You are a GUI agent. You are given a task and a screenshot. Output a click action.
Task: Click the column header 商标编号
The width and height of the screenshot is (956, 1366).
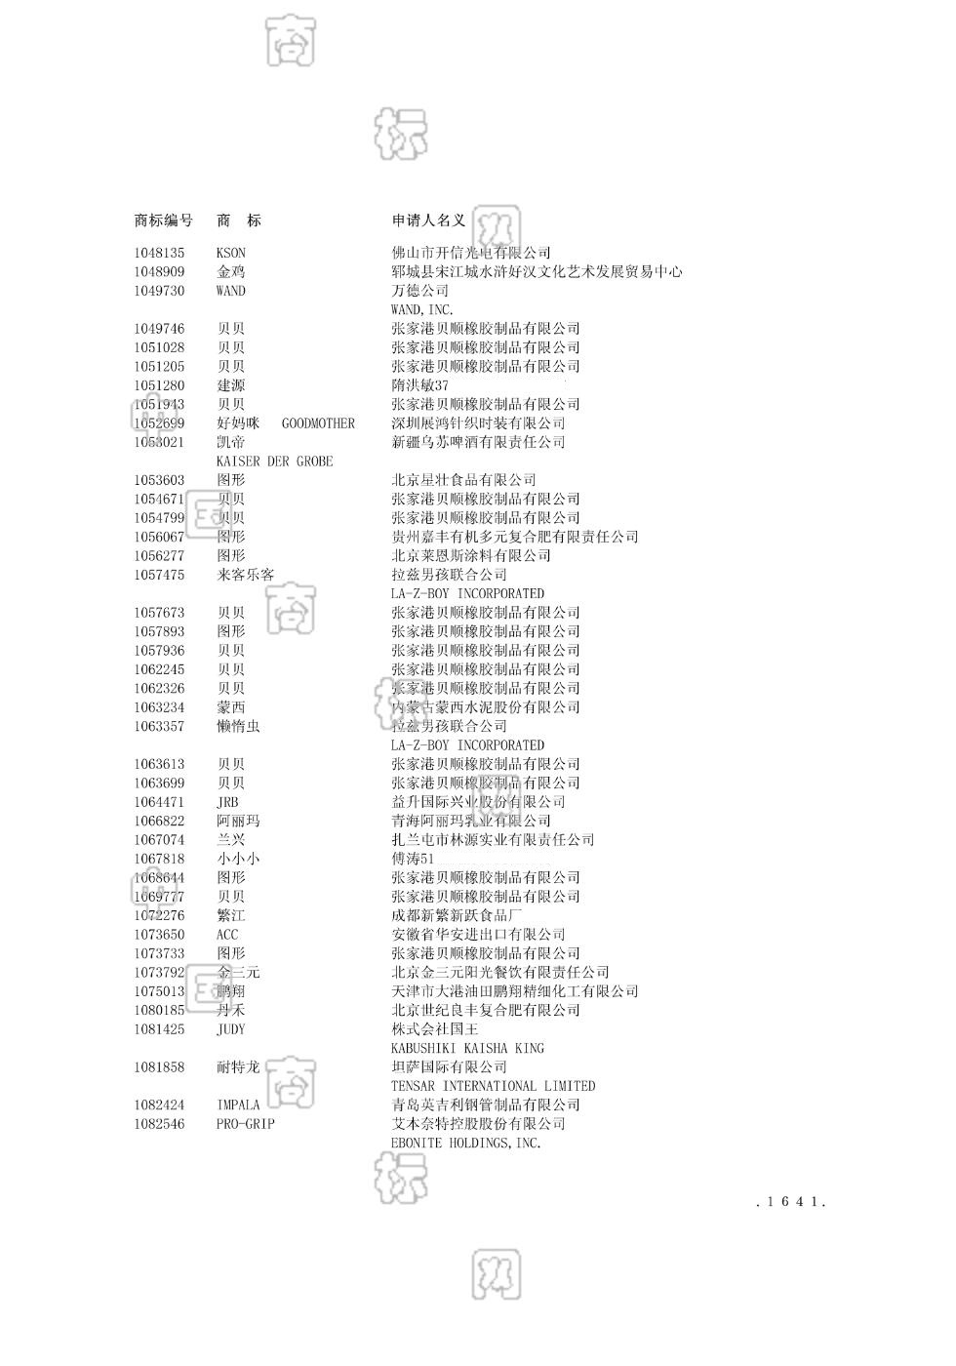click(163, 221)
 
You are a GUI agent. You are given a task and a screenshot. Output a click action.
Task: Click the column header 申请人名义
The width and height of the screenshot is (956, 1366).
click(428, 221)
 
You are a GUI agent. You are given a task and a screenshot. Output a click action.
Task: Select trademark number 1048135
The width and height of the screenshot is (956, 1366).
click(159, 253)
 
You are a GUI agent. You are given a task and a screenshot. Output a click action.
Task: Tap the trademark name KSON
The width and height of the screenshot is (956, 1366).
click(231, 253)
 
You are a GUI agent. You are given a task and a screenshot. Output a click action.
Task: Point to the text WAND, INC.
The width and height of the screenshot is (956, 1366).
click(422, 310)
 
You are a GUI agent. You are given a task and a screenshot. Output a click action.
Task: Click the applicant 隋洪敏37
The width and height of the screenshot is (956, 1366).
click(419, 385)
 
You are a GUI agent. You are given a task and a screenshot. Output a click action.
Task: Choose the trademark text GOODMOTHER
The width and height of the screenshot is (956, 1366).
click(318, 423)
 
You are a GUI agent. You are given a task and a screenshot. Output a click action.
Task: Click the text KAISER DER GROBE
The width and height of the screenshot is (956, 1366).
click(274, 462)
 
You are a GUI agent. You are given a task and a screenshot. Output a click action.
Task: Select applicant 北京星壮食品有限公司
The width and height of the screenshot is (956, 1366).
click(463, 480)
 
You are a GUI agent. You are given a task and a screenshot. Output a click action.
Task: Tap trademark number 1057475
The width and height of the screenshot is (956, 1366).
click(159, 575)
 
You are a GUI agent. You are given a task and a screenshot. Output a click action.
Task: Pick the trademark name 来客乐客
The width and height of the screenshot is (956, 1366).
click(245, 575)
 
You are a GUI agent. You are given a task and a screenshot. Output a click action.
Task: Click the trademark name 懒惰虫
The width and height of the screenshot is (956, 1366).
click(238, 726)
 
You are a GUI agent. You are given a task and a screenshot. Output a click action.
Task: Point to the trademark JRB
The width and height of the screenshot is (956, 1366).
click(227, 802)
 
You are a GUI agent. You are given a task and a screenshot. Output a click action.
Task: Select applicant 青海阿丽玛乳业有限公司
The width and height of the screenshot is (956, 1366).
click(471, 821)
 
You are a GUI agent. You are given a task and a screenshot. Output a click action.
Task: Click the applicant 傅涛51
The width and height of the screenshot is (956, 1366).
click(413, 859)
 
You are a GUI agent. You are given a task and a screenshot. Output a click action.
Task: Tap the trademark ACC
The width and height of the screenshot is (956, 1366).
click(227, 935)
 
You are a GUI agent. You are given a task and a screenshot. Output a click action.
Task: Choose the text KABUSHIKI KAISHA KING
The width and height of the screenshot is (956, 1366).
click(467, 1048)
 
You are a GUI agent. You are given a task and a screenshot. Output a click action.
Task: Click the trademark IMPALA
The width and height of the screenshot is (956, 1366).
click(238, 1105)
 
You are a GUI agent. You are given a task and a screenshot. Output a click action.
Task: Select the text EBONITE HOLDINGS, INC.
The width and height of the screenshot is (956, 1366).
click(465, 1143)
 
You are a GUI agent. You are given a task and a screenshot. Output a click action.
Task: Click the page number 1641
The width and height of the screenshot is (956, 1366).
click(791, 1202)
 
